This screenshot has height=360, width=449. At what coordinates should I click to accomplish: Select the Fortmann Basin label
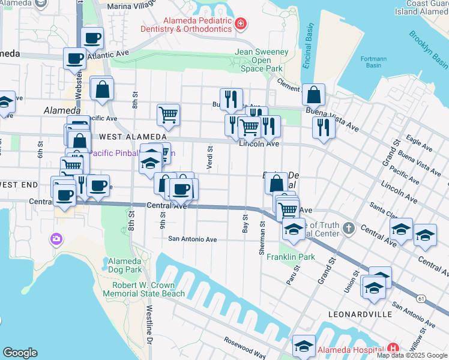point(373,62)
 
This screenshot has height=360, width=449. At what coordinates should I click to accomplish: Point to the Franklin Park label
point(298,257)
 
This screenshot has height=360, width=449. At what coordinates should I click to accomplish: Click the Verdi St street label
point(209,158)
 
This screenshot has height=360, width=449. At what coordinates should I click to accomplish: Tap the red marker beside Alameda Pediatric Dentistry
point(240,24)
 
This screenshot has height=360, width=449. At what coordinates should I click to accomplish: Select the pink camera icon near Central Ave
point(57,239)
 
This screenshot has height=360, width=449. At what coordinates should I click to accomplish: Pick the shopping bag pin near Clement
point(313,95)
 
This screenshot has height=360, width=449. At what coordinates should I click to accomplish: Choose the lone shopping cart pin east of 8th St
point(169,114)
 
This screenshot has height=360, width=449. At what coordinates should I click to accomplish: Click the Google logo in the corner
point(20,353)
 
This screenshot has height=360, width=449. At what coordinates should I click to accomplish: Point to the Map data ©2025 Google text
point(412,355)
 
